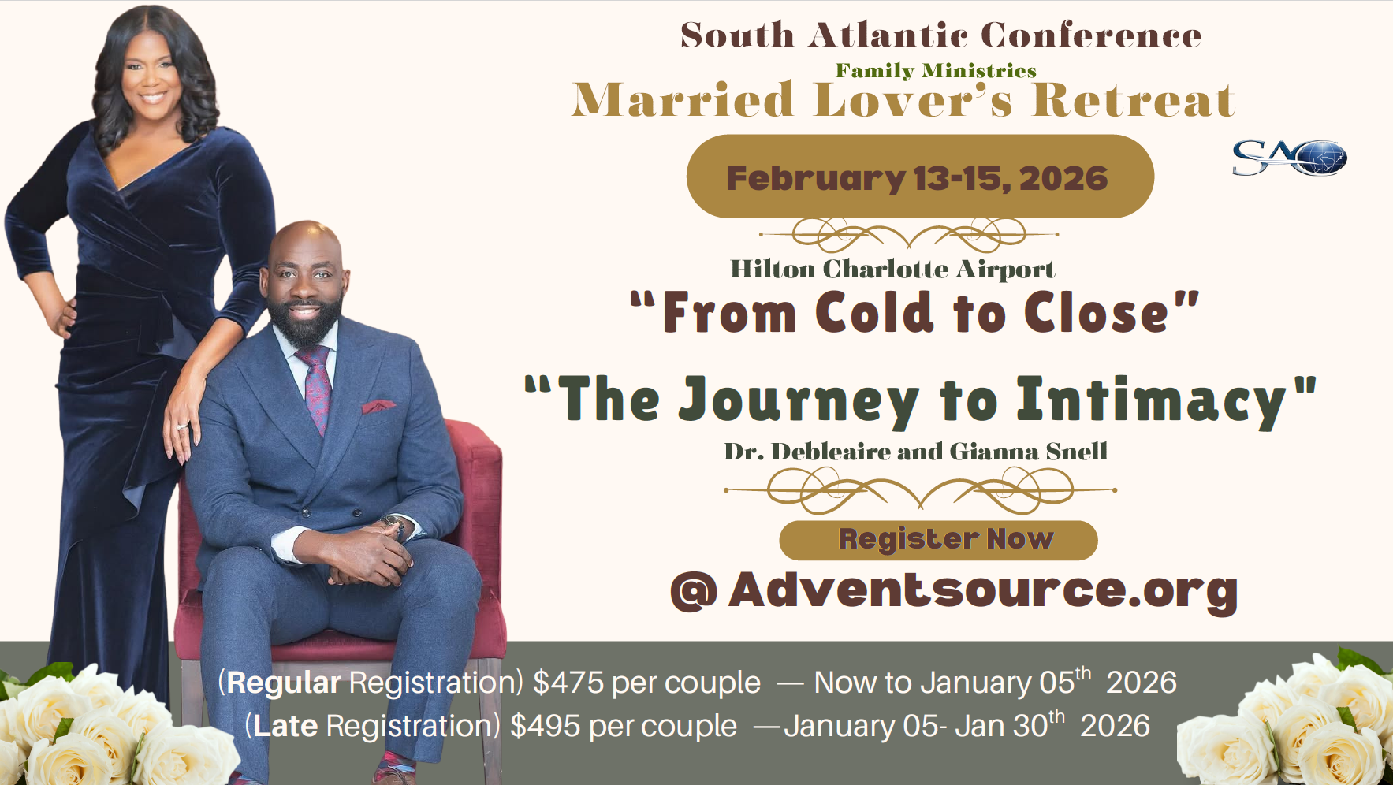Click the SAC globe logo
1289,158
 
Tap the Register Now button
938,540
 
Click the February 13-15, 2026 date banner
919,177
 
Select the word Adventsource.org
982,590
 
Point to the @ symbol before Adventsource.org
694,592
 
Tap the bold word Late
285,726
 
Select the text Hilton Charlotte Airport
892,270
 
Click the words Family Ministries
936,71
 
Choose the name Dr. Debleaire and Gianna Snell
915,452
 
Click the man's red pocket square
378,407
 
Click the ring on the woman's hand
182,426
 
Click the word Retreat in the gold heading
1133,101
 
